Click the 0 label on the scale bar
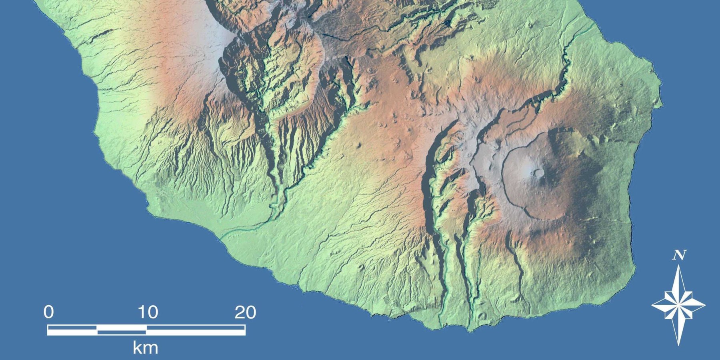tap(48, 312)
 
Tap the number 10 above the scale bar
tap(148, 312)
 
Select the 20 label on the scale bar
tap(245, 312)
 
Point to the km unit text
tap(145, 348)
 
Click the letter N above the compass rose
tap(679, 255)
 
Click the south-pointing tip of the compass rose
tap(678, 345)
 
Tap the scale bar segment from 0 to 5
tap(72, 330)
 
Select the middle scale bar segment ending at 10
tap(122, 330)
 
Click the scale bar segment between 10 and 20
tap(196, 330)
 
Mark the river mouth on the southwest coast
tap(221, 235)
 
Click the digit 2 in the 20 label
tap(240, 312)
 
